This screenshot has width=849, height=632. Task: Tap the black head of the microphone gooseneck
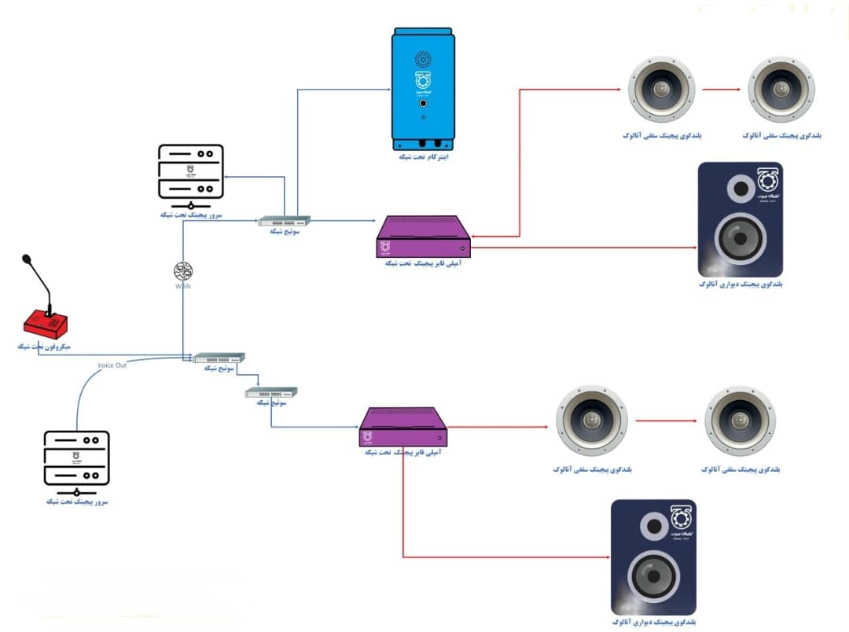click(27, 258)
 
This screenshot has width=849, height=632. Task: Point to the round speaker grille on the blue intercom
click(423, 59)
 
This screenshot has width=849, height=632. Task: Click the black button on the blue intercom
click(423, 104)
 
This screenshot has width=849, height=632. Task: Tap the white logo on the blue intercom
click(423, 81)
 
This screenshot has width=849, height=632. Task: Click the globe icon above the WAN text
click(183, 271)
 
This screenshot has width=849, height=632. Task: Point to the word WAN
click(183, 286)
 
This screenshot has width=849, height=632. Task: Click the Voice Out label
click(112, 365)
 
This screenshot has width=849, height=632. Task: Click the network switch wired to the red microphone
click(219, 358)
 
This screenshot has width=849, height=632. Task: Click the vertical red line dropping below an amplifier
click(402, 503)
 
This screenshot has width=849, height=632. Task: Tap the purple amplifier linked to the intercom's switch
click(423, 236)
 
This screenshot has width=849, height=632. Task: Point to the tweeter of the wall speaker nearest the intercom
click(740, 189)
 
